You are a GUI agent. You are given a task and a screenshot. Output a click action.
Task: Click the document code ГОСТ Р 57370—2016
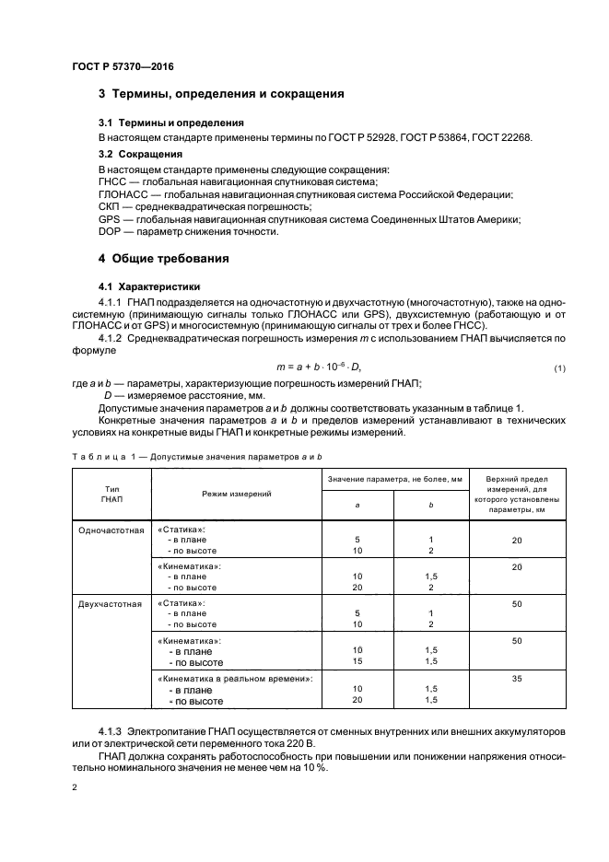coord(123,66)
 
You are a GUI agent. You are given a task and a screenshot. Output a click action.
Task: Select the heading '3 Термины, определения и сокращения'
coord(221,94)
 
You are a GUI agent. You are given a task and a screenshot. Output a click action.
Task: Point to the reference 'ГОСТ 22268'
coord(501,137)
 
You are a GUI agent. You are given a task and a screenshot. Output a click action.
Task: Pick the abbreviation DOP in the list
coord(110,231)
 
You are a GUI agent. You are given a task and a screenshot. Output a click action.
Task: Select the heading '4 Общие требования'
coord(164,259)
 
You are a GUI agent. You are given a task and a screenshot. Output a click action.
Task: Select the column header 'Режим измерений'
coord(235,494)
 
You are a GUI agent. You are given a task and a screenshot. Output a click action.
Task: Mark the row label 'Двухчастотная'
coord(111,604)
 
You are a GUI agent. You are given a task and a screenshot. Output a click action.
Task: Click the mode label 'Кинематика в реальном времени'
coord(237,678)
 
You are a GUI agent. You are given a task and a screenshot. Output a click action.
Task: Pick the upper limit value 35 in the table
coord(517,678)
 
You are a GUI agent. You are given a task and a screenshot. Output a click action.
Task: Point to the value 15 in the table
coord(357,661)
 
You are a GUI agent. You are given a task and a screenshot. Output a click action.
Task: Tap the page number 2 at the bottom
coord(75,789)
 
